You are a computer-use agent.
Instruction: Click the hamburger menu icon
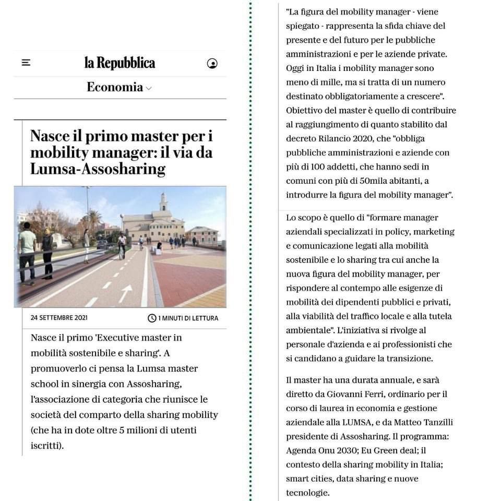pos(26,63)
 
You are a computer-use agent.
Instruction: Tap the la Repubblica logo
pos(120,63)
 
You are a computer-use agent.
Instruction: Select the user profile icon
pos(212,64)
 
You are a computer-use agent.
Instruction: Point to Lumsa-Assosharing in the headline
pos(98,169)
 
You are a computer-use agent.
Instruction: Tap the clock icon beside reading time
pos(152,318)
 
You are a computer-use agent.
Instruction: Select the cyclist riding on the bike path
pos(122,245)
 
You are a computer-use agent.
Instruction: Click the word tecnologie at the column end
pos(307,493)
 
